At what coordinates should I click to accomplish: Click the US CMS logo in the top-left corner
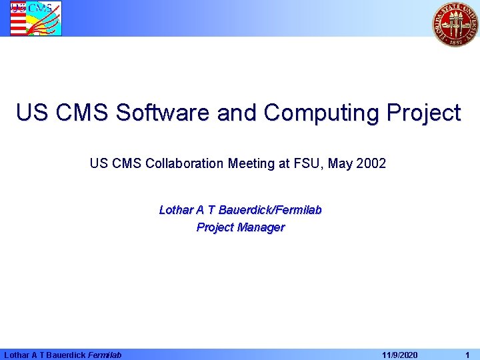(35, 18)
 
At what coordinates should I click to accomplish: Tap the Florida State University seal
(455, 23)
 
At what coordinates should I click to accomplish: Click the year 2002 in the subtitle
(371, 163)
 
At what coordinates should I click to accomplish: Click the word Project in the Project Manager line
(215, 227)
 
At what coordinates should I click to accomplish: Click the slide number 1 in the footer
(467, 355)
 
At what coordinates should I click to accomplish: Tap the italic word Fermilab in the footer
(105, 355)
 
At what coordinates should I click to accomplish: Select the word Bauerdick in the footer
(65, 355)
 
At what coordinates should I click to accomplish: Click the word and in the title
(239, 113)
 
